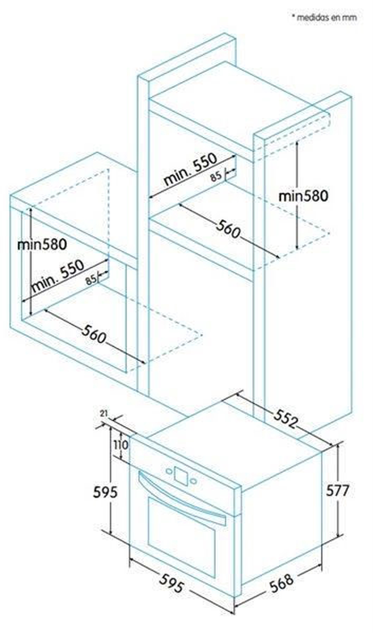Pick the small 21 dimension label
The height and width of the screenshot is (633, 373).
tap(104, 413)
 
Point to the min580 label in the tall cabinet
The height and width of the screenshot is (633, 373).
tap(303, 196)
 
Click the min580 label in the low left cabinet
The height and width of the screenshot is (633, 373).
tap(42, 244)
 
